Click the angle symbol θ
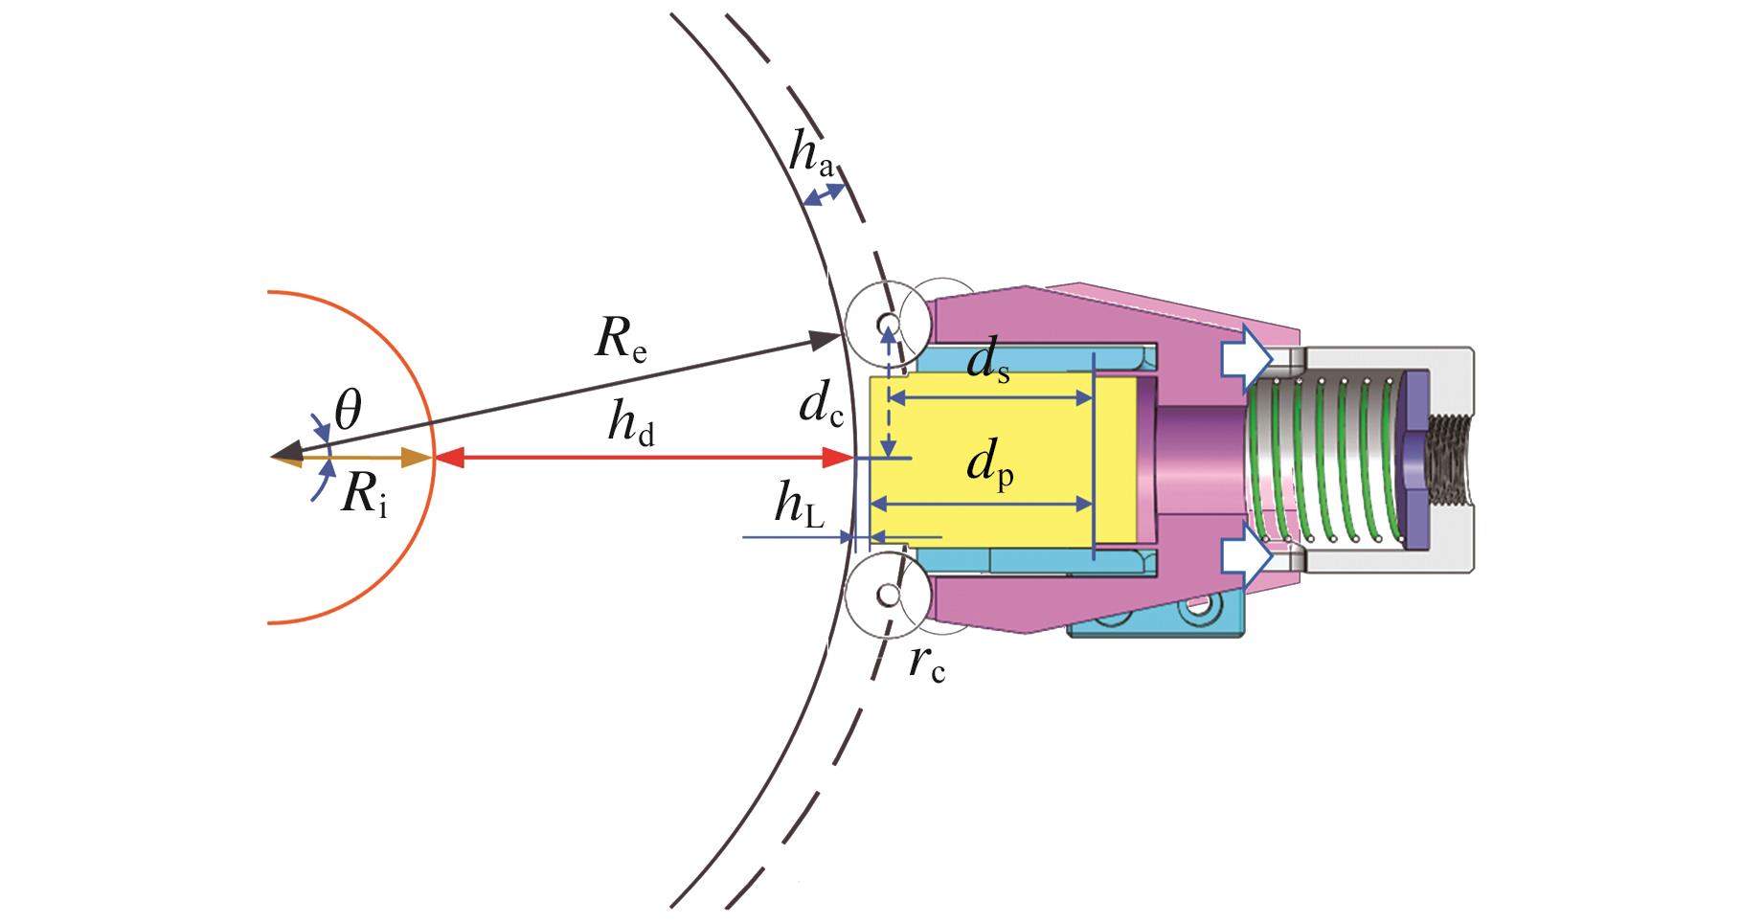point(348,413)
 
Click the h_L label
point(799,512)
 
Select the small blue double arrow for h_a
point(824,195)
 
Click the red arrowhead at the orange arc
point(450,459)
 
